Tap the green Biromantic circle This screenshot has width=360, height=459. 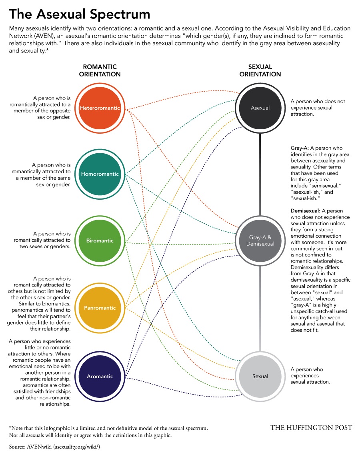point(100,241)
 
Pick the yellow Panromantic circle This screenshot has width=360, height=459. point(100,308)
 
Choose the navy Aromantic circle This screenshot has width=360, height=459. point(100,376)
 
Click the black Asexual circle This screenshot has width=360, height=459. point(260,108)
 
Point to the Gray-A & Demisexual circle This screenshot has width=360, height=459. point(260,241)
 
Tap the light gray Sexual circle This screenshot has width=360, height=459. point(260,376)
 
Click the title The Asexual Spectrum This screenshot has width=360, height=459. point(80,15)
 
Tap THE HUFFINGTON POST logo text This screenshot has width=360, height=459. point(311,428)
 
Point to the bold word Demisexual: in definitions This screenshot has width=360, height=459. point(306,210)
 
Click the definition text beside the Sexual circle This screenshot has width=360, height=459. point(310,376)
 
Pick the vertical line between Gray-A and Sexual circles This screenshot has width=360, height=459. point(260,308)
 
